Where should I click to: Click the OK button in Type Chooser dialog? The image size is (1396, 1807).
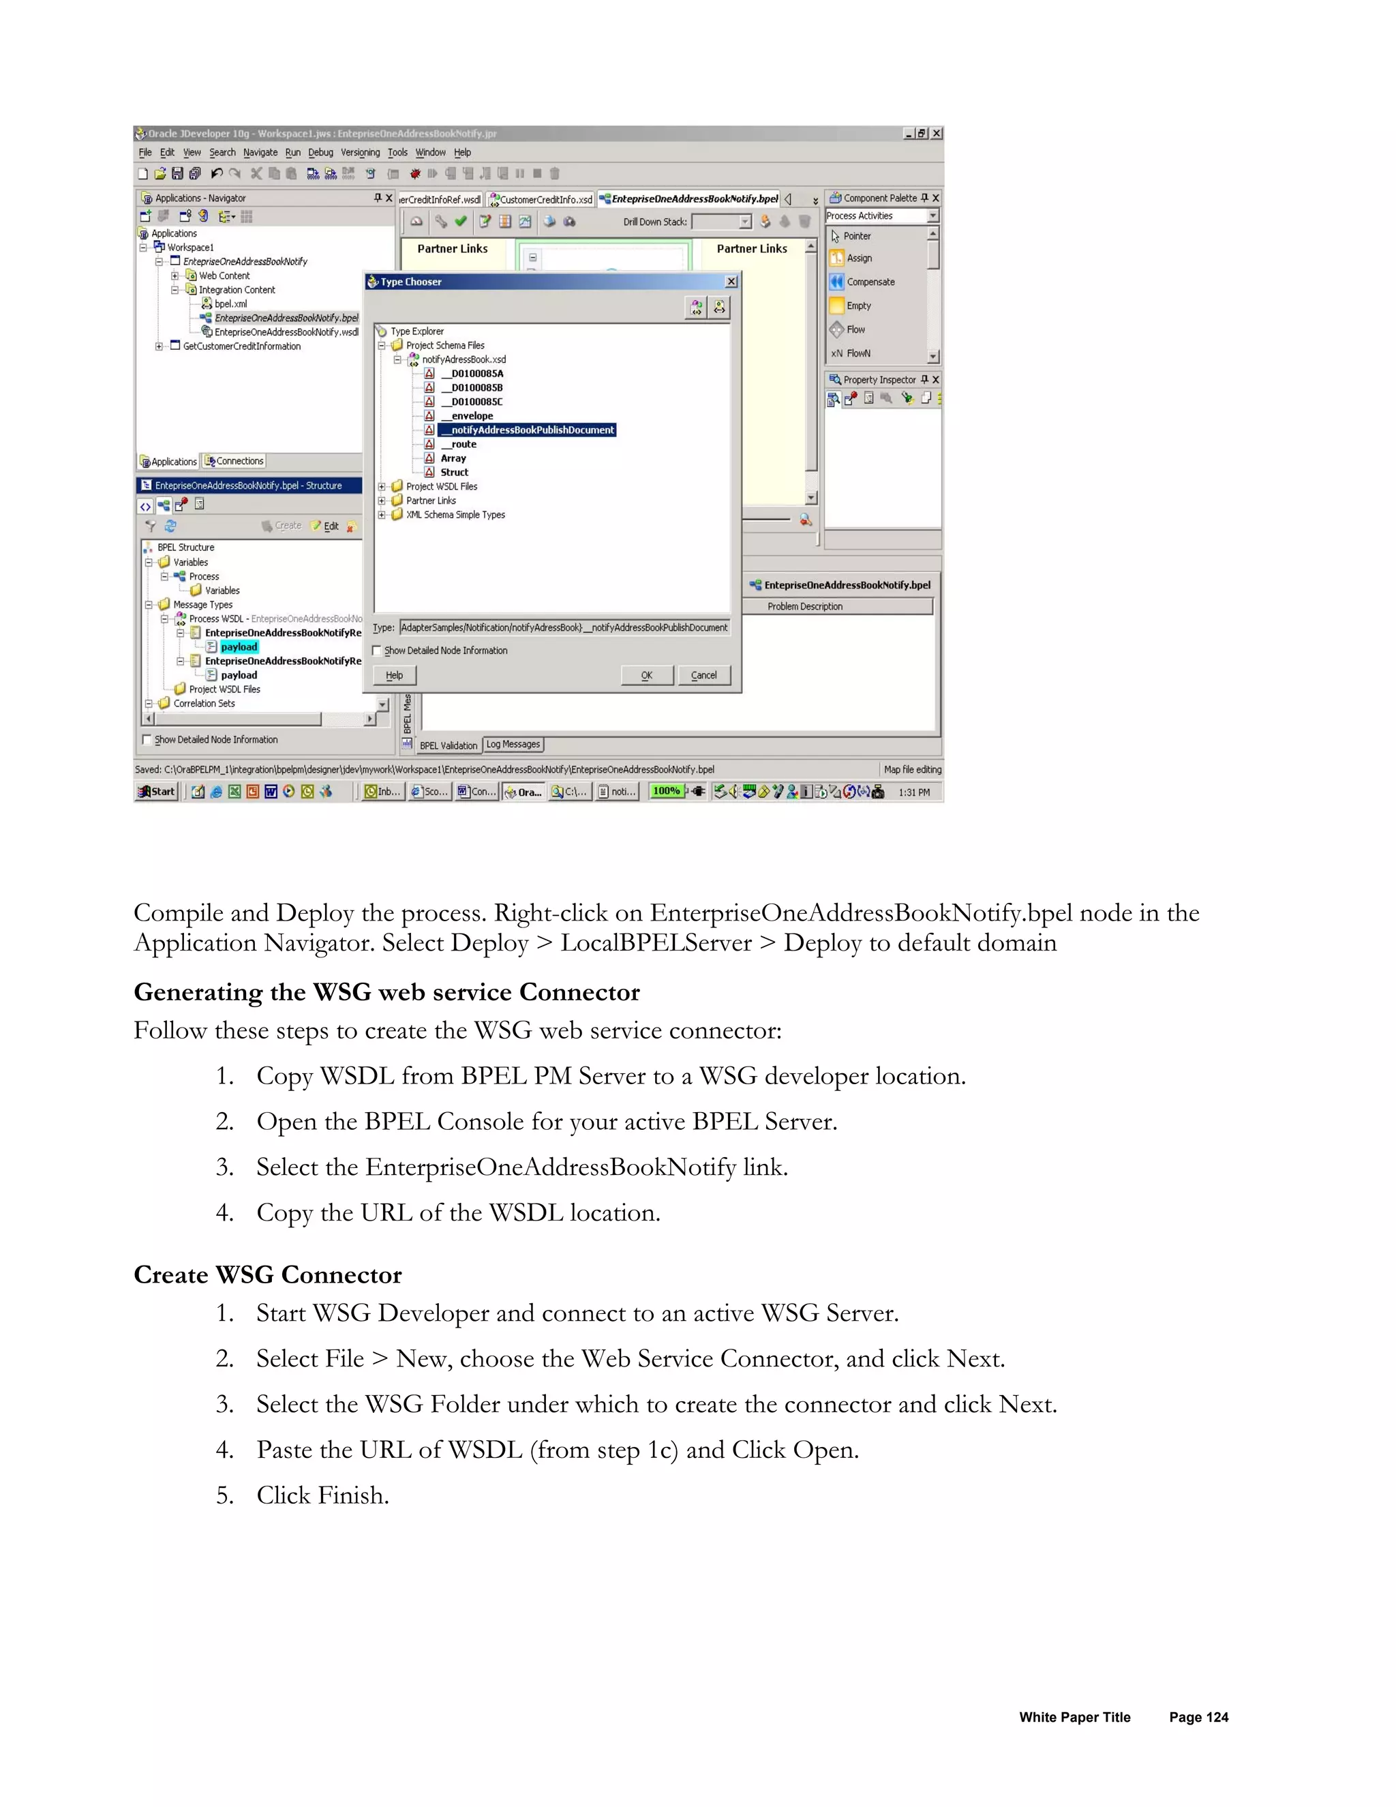[x=647, y=675]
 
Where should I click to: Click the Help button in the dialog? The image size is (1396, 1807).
[x=395, y=675]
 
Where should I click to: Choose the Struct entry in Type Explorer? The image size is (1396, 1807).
[x=454, y=473]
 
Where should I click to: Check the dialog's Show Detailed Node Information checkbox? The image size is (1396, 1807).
[x=378, y=651]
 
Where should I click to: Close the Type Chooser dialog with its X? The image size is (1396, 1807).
[x=731, y=282]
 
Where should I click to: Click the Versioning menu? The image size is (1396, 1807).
[x=360, y=152]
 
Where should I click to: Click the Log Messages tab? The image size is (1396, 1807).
[x=513, y=745]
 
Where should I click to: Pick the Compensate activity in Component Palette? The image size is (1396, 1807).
[x=870, y=282]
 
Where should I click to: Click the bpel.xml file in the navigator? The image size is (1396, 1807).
[x=230, y=303]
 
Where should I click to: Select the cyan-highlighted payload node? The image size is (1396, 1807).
[x=239, y=647]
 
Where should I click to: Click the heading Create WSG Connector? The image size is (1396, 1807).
[x=268, y=1275]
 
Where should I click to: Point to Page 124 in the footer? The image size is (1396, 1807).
[x=1198, y=1717]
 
